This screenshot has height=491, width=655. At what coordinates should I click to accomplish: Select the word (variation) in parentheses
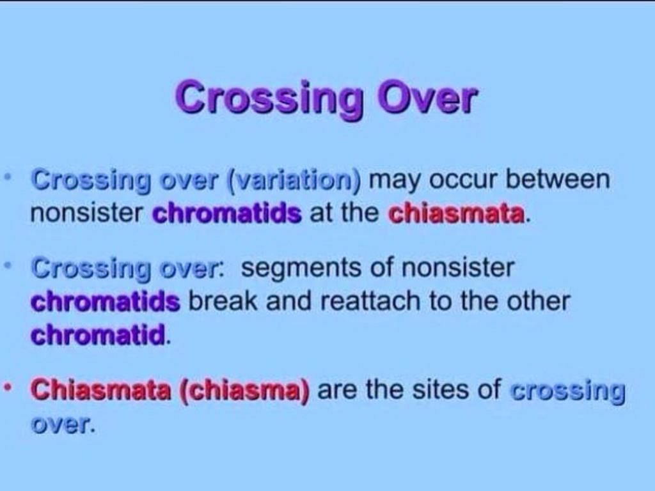pos(294,181)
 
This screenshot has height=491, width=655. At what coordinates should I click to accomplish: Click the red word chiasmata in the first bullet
pos(456,214)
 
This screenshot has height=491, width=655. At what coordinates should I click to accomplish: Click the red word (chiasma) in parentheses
pos(245,391)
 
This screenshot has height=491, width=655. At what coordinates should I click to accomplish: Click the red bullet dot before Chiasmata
pos(6,388)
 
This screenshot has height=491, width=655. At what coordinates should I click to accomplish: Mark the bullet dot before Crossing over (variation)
pos(6,178)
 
